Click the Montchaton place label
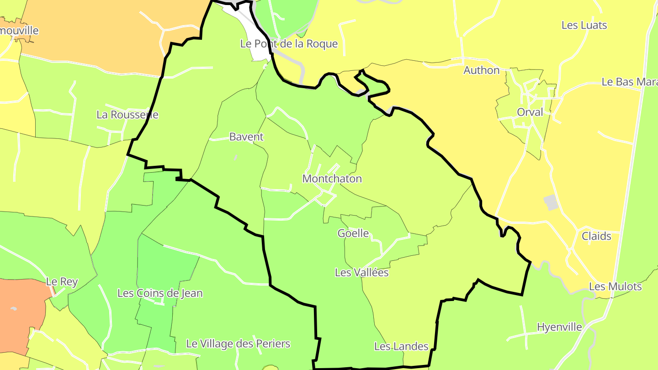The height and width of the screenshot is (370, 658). click(x=332, y=179)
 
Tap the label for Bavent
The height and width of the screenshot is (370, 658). click(x=246, y=137)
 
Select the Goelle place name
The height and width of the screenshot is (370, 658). click(x=353, y=233)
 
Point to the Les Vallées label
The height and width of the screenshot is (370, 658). click(x=361, y=273)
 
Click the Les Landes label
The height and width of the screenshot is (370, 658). click(x=401, y=347)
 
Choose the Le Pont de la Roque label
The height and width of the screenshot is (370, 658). click(x=289, y=44)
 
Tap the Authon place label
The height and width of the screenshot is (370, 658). click(x=481, y=70)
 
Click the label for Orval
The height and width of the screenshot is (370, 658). click(x=530, y=112)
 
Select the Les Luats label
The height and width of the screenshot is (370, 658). click(x=584, y=25)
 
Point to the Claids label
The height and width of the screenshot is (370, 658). click(x=596, y=236)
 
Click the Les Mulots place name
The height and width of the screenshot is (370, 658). click(x=615, y=287)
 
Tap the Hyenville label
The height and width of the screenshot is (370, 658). click(x=559, y=327)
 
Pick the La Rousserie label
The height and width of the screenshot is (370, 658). click(x=127, y=115)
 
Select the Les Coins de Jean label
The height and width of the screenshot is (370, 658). click(x=160, y=293)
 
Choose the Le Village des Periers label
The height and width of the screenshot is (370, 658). click(x=238, y=344)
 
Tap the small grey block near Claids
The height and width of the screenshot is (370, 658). click(x=552, y=202)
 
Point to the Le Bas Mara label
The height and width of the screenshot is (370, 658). click(x=629, y=82)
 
